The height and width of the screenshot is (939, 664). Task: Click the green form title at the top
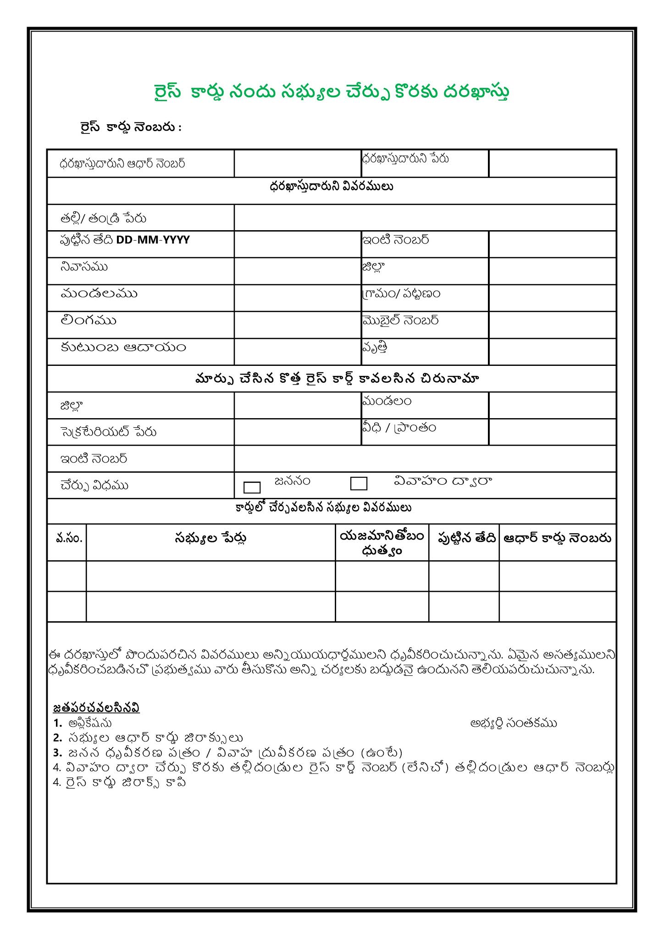(331, 92)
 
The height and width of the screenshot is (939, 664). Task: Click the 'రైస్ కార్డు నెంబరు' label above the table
(131, 127)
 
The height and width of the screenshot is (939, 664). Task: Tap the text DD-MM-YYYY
(153, 240)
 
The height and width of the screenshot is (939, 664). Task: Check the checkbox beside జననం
(252, 487)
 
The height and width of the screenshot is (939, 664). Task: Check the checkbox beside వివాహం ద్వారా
(359, 484)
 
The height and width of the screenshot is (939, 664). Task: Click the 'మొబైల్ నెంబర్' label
(400, 320)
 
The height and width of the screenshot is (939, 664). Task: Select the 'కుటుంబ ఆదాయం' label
(123, 348)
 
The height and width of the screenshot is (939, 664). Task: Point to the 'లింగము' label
(88, 320)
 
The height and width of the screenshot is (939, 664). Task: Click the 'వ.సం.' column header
(69, 538)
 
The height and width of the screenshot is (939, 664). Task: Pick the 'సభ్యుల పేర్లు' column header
(210, 538)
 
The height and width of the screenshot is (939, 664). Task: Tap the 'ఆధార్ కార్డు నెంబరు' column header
(557, 538)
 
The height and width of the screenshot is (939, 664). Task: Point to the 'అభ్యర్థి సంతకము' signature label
(514, 724)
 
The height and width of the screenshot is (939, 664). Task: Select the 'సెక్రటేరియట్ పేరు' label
(108, 432)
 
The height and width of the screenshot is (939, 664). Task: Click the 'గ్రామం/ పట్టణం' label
(401, 293)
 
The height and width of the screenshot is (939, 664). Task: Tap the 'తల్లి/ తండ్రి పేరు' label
(103, 218)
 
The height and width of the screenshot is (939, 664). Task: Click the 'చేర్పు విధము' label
(94, 486)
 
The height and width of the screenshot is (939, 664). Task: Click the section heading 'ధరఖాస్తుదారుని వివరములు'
(331, 187)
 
